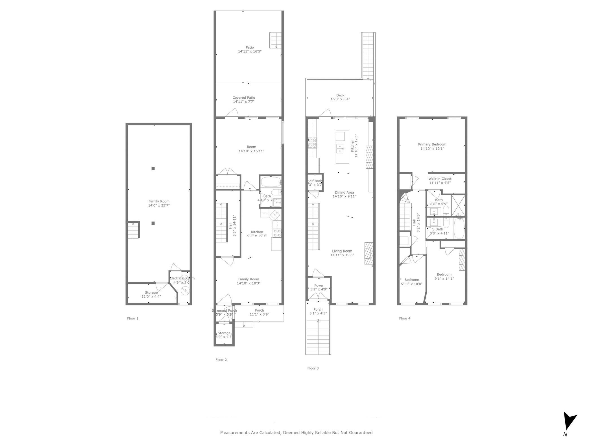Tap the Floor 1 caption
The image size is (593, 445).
coord(133,318)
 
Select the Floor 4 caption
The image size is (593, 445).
coord(405,318)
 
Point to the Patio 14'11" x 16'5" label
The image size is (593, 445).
coord(250,49)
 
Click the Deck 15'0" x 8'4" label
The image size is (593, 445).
coord(340,97)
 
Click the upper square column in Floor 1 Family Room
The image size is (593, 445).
coord(153,168)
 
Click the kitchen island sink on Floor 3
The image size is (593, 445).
coord(340,148)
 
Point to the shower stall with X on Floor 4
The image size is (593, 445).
coord(458,205)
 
